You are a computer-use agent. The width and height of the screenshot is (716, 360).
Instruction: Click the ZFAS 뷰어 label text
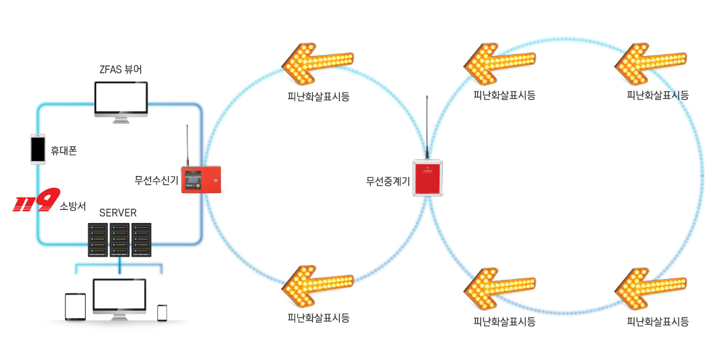point(120,69)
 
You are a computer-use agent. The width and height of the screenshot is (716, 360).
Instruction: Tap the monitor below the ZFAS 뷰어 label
point(121,102)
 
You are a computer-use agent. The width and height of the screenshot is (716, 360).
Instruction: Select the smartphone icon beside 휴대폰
point(38,149)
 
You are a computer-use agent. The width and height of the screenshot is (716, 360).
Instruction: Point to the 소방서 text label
point(73,206)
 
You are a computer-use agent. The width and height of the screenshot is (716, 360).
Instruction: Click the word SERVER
point(118,213)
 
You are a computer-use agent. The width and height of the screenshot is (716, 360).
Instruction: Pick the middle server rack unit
point(120,240)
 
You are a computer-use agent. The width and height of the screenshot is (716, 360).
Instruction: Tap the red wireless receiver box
point(201,180)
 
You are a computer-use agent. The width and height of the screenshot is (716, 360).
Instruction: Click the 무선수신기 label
point(156,180)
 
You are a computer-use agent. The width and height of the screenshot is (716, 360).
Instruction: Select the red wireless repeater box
point(428,178)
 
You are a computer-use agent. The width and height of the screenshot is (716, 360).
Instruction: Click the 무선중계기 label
point(388,182)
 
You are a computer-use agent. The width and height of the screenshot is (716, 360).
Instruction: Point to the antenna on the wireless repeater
point(427,127)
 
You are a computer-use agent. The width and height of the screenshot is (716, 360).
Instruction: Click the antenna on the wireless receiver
point(187,146)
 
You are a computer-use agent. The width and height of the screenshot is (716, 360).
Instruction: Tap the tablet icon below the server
point(75,306)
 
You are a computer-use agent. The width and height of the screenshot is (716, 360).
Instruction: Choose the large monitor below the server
point(120,299)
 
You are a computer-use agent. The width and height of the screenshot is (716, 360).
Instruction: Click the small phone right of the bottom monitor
point(162,313)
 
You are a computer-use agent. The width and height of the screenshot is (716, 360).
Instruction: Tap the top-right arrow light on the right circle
point(651,64)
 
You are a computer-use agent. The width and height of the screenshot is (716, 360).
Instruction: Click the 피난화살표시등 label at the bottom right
point(657,322)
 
